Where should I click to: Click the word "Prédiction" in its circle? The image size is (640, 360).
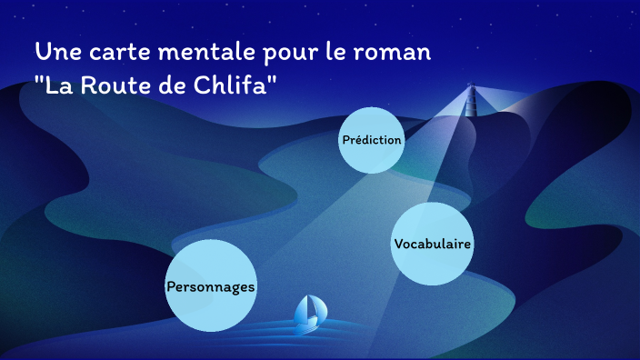tap(371, 140)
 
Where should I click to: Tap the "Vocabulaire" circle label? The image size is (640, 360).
tap(432, 244)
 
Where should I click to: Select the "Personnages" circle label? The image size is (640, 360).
tap(211, 286)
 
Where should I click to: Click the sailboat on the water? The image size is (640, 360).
tap(310, 312)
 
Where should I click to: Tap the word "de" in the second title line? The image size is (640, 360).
tap(173, 86)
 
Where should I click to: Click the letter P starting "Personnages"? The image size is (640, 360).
tap(171, 286)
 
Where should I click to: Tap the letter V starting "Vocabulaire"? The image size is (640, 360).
tap(398, 244)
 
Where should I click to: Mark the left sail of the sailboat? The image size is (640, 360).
tap(304, 309)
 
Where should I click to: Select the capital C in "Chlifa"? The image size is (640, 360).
tap(205, 86)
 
